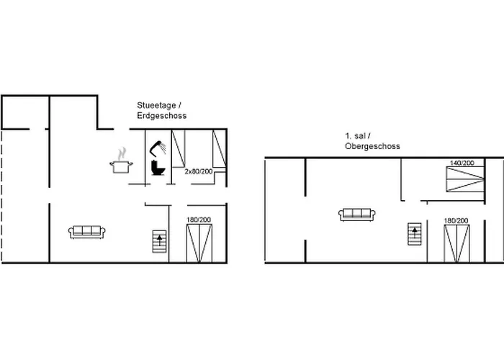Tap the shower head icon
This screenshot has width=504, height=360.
tap(157, 148)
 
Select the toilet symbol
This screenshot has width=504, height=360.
tap(158, 168)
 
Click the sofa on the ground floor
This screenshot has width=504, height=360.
tap(87, 232)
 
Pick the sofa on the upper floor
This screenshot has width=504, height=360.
tap(357, 215)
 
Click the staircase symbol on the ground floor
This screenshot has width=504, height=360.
tap(159, 241)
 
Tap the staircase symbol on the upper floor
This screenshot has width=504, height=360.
tap(415, 234)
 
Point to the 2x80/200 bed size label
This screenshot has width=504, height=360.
tap(199, 171)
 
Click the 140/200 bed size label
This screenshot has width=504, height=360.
tap(462, 163)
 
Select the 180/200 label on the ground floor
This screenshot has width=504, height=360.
tap(199, 220)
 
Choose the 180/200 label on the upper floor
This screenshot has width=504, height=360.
tap(456, 221)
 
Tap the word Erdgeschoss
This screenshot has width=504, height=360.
tap(162, 116)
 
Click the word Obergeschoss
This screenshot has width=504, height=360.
tap(372, 146)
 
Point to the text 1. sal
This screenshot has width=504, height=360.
tap(356, 136)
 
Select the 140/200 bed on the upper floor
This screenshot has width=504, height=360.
tap(465, 179)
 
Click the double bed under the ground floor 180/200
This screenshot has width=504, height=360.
tap(199, 243)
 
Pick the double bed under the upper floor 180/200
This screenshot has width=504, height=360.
tap(456, 243)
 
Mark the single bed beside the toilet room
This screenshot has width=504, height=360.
tap(178, 148)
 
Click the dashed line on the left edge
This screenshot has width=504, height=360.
tap(1, 196)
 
